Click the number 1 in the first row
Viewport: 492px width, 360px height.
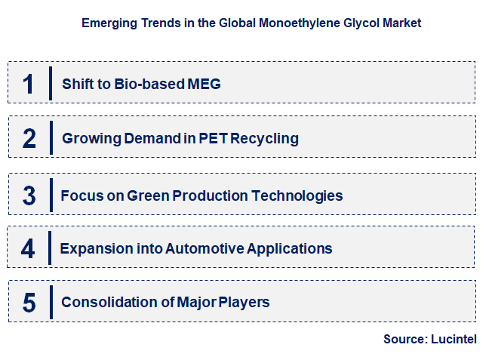[29, 84]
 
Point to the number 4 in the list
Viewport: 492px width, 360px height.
[28, 248]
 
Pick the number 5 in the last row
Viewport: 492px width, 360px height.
[29, 303]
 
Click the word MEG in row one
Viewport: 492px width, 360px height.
[205, 84]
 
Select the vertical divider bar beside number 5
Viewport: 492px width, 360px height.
[51, 301]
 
